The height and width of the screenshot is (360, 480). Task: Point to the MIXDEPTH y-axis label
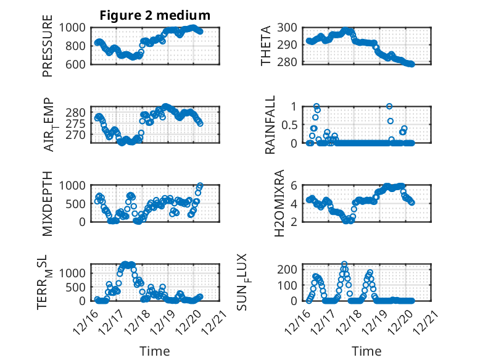coord(48,203)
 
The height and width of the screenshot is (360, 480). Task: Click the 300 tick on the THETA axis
coord(289,27)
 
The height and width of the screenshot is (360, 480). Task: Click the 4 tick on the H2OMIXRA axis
coord(295,203)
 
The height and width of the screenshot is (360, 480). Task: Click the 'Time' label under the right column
coord(366,351)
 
